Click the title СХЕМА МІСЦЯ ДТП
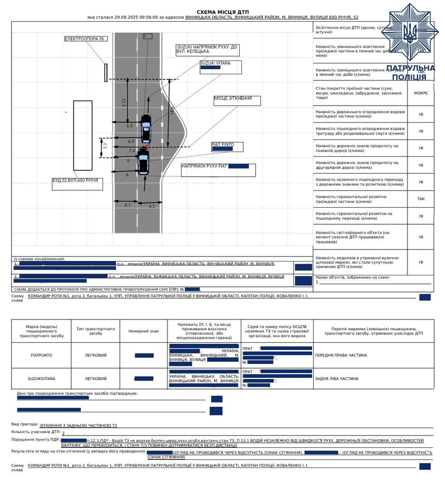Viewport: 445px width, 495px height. coord(222,12)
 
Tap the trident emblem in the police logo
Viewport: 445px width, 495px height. coord(410,32)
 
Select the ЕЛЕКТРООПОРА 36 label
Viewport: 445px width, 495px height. coord(86,39)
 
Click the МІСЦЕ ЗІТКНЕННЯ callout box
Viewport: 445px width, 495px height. coord(237,100)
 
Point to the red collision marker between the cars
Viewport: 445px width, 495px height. coord(148,146)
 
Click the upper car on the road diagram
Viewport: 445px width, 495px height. coord(146,128)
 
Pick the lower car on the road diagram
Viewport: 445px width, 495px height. coord(143,162)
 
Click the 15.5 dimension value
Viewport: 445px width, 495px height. coord(172,110)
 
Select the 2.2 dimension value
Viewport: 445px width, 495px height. coord(105,146)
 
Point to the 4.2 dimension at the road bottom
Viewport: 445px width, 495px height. coord(152,207)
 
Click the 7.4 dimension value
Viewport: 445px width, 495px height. coord(132,151)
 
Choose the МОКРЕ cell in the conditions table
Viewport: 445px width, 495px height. coord(421,93)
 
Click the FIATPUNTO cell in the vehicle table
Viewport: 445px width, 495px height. coord(41,355)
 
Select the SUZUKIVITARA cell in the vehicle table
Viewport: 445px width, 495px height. coord(41,379)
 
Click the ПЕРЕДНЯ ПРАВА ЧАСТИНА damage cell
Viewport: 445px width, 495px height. coord(341,355)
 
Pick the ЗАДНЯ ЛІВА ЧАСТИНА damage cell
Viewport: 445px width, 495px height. coord(336,379)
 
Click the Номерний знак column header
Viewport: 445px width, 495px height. coord(143,331)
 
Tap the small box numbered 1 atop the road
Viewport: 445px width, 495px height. coord(147,36)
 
